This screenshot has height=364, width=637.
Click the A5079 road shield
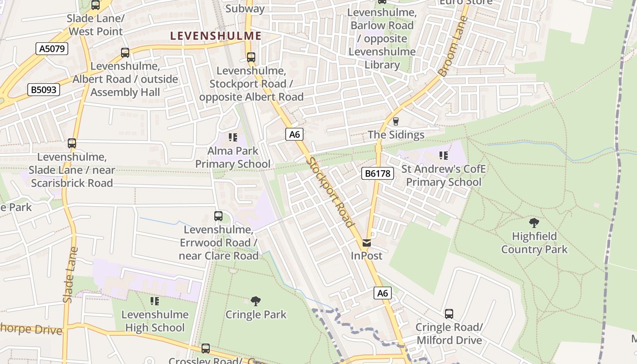pos(52,48)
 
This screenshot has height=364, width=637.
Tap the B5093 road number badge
pos(44,90)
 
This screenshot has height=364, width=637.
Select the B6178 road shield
pos(378,173)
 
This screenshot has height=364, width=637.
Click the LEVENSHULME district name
pos(216,36)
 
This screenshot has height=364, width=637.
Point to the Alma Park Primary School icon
pos(233,137)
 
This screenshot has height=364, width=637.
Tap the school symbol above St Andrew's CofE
pos(444,156)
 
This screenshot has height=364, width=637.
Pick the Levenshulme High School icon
pos(155,301)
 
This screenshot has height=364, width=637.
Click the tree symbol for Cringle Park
pos(256,301)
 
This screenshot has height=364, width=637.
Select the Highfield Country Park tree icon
pos(534,223)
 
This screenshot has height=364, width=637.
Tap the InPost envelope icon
pos(367,243)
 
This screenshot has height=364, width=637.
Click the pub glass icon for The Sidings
pos(395,121)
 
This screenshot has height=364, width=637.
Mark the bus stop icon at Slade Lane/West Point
pos(96,5)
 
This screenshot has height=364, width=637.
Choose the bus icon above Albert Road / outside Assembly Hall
pos(125,53)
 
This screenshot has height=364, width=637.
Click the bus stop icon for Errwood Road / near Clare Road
pos(218,216)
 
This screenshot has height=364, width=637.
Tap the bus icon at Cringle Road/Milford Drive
pos(449,314)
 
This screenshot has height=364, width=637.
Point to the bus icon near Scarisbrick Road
pos(72,143)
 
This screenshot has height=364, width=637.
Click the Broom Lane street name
pos(453,46)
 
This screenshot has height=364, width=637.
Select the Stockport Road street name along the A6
pos(330,192)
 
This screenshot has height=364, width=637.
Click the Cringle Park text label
pos(256,314)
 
